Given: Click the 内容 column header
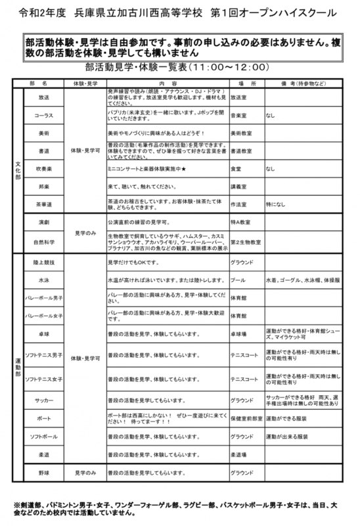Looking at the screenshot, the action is tap(164, 85).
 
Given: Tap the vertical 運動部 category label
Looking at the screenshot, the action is tap(17, 368).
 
